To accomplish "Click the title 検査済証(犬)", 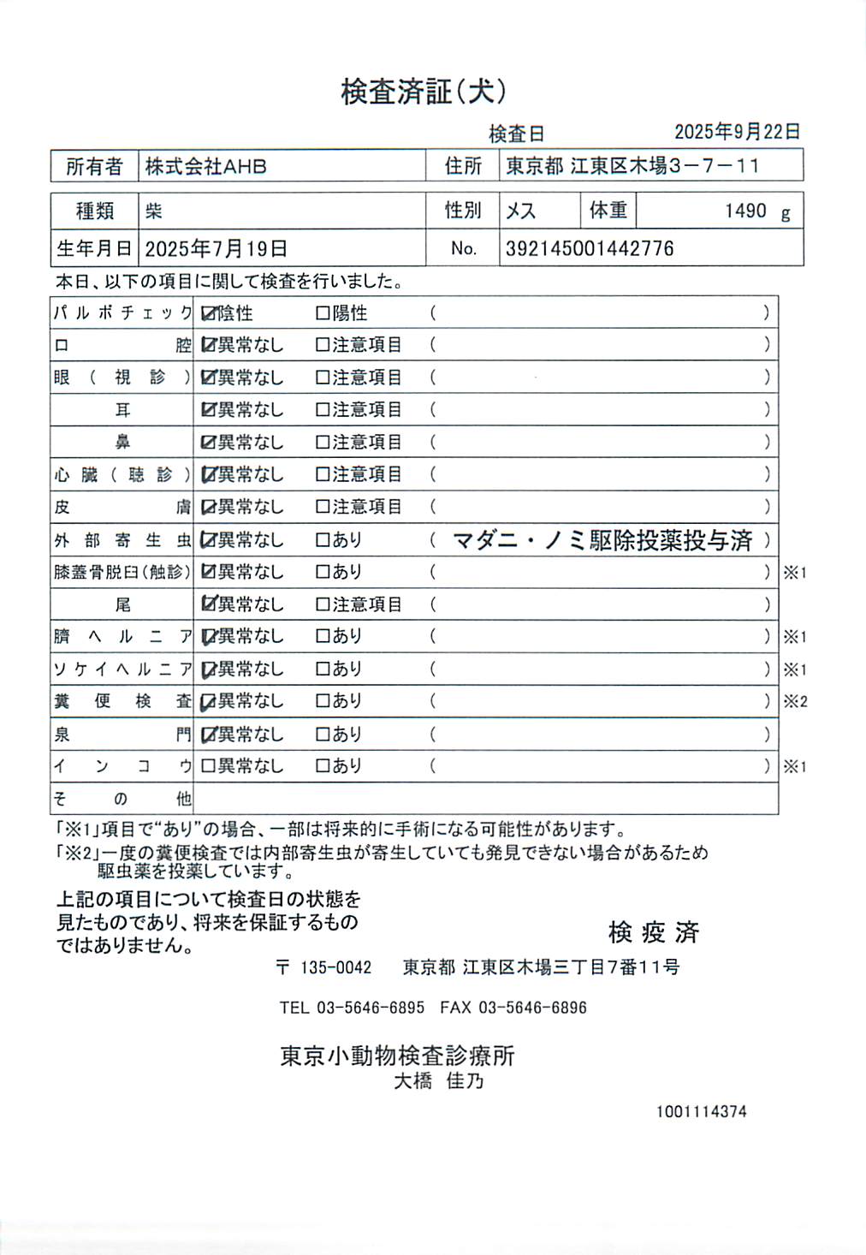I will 424,92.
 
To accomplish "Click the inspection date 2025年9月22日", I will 737,132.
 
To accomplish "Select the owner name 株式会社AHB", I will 205,166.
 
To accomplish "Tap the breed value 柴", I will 154,211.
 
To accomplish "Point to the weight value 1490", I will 745,211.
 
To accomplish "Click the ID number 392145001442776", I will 590,249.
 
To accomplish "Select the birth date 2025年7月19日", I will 216,249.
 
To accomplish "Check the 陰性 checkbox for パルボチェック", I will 208,313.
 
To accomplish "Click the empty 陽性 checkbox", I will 323,313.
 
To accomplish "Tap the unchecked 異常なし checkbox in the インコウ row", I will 208,766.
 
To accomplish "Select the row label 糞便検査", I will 122,701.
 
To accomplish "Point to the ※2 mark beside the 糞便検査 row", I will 795,702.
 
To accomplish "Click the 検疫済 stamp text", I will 654,932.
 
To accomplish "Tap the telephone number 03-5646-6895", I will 371,1008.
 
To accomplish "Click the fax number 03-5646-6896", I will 532,1008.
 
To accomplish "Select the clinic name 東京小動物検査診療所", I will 397,1056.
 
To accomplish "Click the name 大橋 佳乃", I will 438,1081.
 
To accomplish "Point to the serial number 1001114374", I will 702,1112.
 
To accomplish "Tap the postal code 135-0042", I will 335,967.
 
